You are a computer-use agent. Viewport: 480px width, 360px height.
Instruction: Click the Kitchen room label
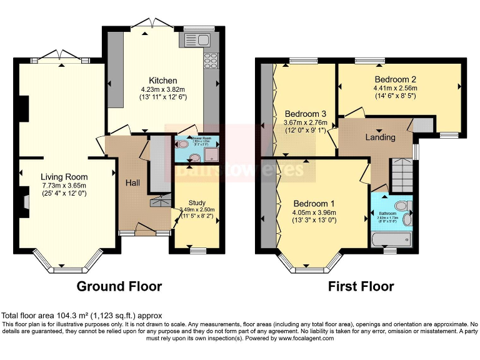[x=163, y=81]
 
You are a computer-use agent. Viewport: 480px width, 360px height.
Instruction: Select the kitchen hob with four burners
[x=210, y=61]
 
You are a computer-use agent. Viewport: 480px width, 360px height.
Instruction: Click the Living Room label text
[x=64, y=177]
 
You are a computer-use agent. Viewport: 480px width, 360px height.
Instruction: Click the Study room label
[x=197, y=202]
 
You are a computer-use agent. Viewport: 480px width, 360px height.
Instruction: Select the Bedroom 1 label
[x=314, y=204]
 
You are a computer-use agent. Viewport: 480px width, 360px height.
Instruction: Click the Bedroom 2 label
[x=396, y=79]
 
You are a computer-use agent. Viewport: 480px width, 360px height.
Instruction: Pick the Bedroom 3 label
[x=306, y=114]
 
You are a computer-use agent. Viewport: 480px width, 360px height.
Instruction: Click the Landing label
[x=380, y=137]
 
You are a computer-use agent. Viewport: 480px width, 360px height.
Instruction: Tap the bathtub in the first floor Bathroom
[x=391, y=239]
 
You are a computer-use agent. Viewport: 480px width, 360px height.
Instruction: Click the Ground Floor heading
[x=119, y=287]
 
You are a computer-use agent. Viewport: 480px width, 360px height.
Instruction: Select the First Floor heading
[x=361, y=287]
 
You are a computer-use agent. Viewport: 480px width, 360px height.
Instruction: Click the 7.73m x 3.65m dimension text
[x=64, y=186]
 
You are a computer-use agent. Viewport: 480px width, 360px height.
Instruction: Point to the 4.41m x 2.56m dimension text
[x=396, y=88]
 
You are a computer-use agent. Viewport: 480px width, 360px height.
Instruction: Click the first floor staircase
[x=401, y=174]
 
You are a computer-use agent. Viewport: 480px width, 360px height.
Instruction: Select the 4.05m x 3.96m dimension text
[x=314, y=212]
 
